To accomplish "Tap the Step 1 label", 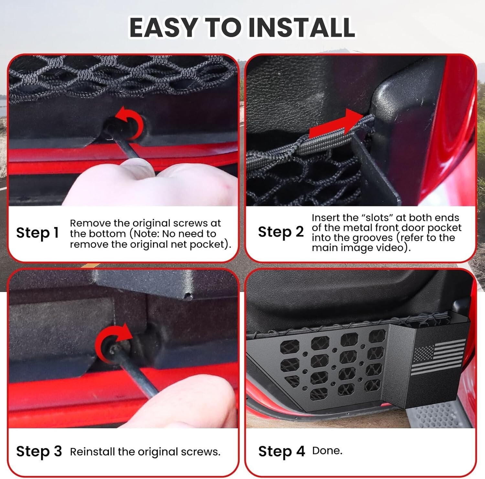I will point(37,233).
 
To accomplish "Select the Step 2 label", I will point(281,232).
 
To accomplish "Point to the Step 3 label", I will point(39,451).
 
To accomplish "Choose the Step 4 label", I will point(281,451).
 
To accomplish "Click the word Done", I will point(327,451).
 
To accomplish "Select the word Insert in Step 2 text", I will point(326,218).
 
